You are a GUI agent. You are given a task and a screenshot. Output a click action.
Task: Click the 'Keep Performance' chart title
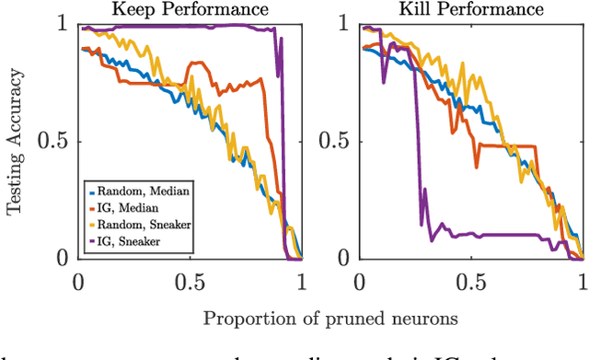coord(191,10)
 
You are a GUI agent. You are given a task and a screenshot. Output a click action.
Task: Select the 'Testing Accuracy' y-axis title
coord(15,141)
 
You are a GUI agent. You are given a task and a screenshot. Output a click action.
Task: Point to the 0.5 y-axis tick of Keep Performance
coord(56,142)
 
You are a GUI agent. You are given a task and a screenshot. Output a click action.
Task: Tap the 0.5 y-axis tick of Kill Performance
coord(335,142)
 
